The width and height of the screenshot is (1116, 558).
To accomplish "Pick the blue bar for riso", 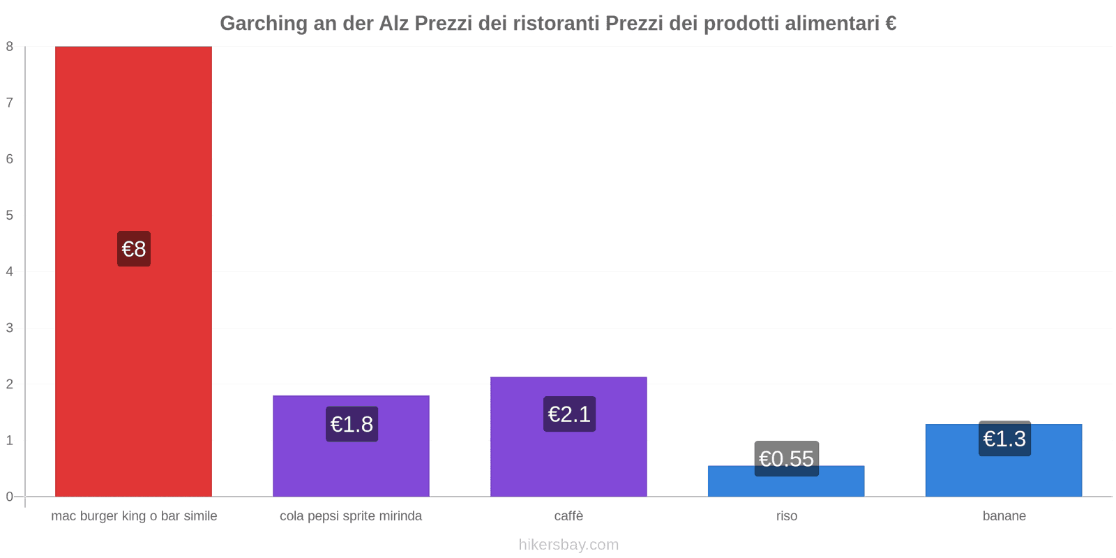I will pyautogui.click(x=786, y=485).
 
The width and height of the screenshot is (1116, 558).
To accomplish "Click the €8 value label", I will pyautogui.click(x=134, y=249).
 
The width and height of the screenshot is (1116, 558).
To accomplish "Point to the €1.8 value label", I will pyautogui.click(x=352, y=424).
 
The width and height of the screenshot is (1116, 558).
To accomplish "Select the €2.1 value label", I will pyautogui.click(x=569, y=414).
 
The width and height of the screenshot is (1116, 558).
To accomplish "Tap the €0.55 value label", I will pyautogui.click(x=786, y=458).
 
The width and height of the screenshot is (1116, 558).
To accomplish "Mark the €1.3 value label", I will pyautogui.click(x=1004, y=439).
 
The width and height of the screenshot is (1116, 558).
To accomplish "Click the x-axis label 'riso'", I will pyautogui.click(x=786, y=516).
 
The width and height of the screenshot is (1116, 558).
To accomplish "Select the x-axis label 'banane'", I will pyautogui.click(x=1004, y=516).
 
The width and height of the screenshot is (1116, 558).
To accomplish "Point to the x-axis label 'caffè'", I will pyautogui.click(x=568, y=516).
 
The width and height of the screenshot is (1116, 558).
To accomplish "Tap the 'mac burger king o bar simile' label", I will pyautogui.click(x=134, y=516).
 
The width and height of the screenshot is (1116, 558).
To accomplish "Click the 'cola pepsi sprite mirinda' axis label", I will pyautogui.click(x=351, y=516).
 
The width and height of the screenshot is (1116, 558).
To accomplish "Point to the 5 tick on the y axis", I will pyautogui.click(x=10, y=216).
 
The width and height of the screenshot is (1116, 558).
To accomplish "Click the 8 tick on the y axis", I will pyautogui.click(x=10, y=47).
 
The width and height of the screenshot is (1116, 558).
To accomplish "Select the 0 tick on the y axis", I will pyautogui.click(x=10, y=497).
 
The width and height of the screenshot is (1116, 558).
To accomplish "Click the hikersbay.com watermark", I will pyautogui.click(x=568, y=545).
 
